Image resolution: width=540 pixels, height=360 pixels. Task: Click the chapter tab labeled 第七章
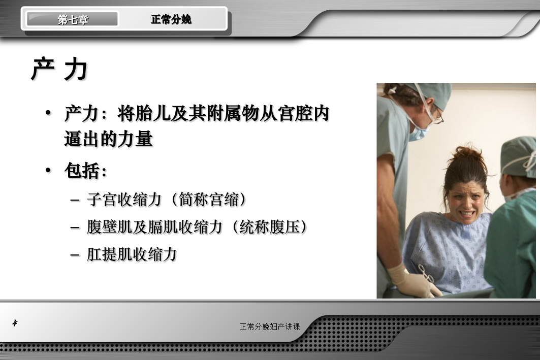pos(73,19)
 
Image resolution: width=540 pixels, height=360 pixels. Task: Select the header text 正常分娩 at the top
pos(171,19)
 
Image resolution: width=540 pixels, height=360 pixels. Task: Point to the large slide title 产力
pos(59,70)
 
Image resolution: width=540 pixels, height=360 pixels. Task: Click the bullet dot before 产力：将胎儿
pos(48,113)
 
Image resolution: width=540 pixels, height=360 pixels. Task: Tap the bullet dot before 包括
pos(48,170)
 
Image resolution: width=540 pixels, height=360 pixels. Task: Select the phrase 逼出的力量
pos(109,139)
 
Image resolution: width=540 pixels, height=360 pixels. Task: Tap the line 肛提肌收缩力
pos(132,254)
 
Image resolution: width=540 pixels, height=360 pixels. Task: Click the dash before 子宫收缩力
pos(75,200)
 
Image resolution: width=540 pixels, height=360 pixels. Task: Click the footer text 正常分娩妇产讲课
pos(270,326)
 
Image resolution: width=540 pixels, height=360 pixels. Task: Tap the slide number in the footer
pos(15,323)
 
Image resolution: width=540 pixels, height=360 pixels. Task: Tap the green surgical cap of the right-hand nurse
pos(518,157)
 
